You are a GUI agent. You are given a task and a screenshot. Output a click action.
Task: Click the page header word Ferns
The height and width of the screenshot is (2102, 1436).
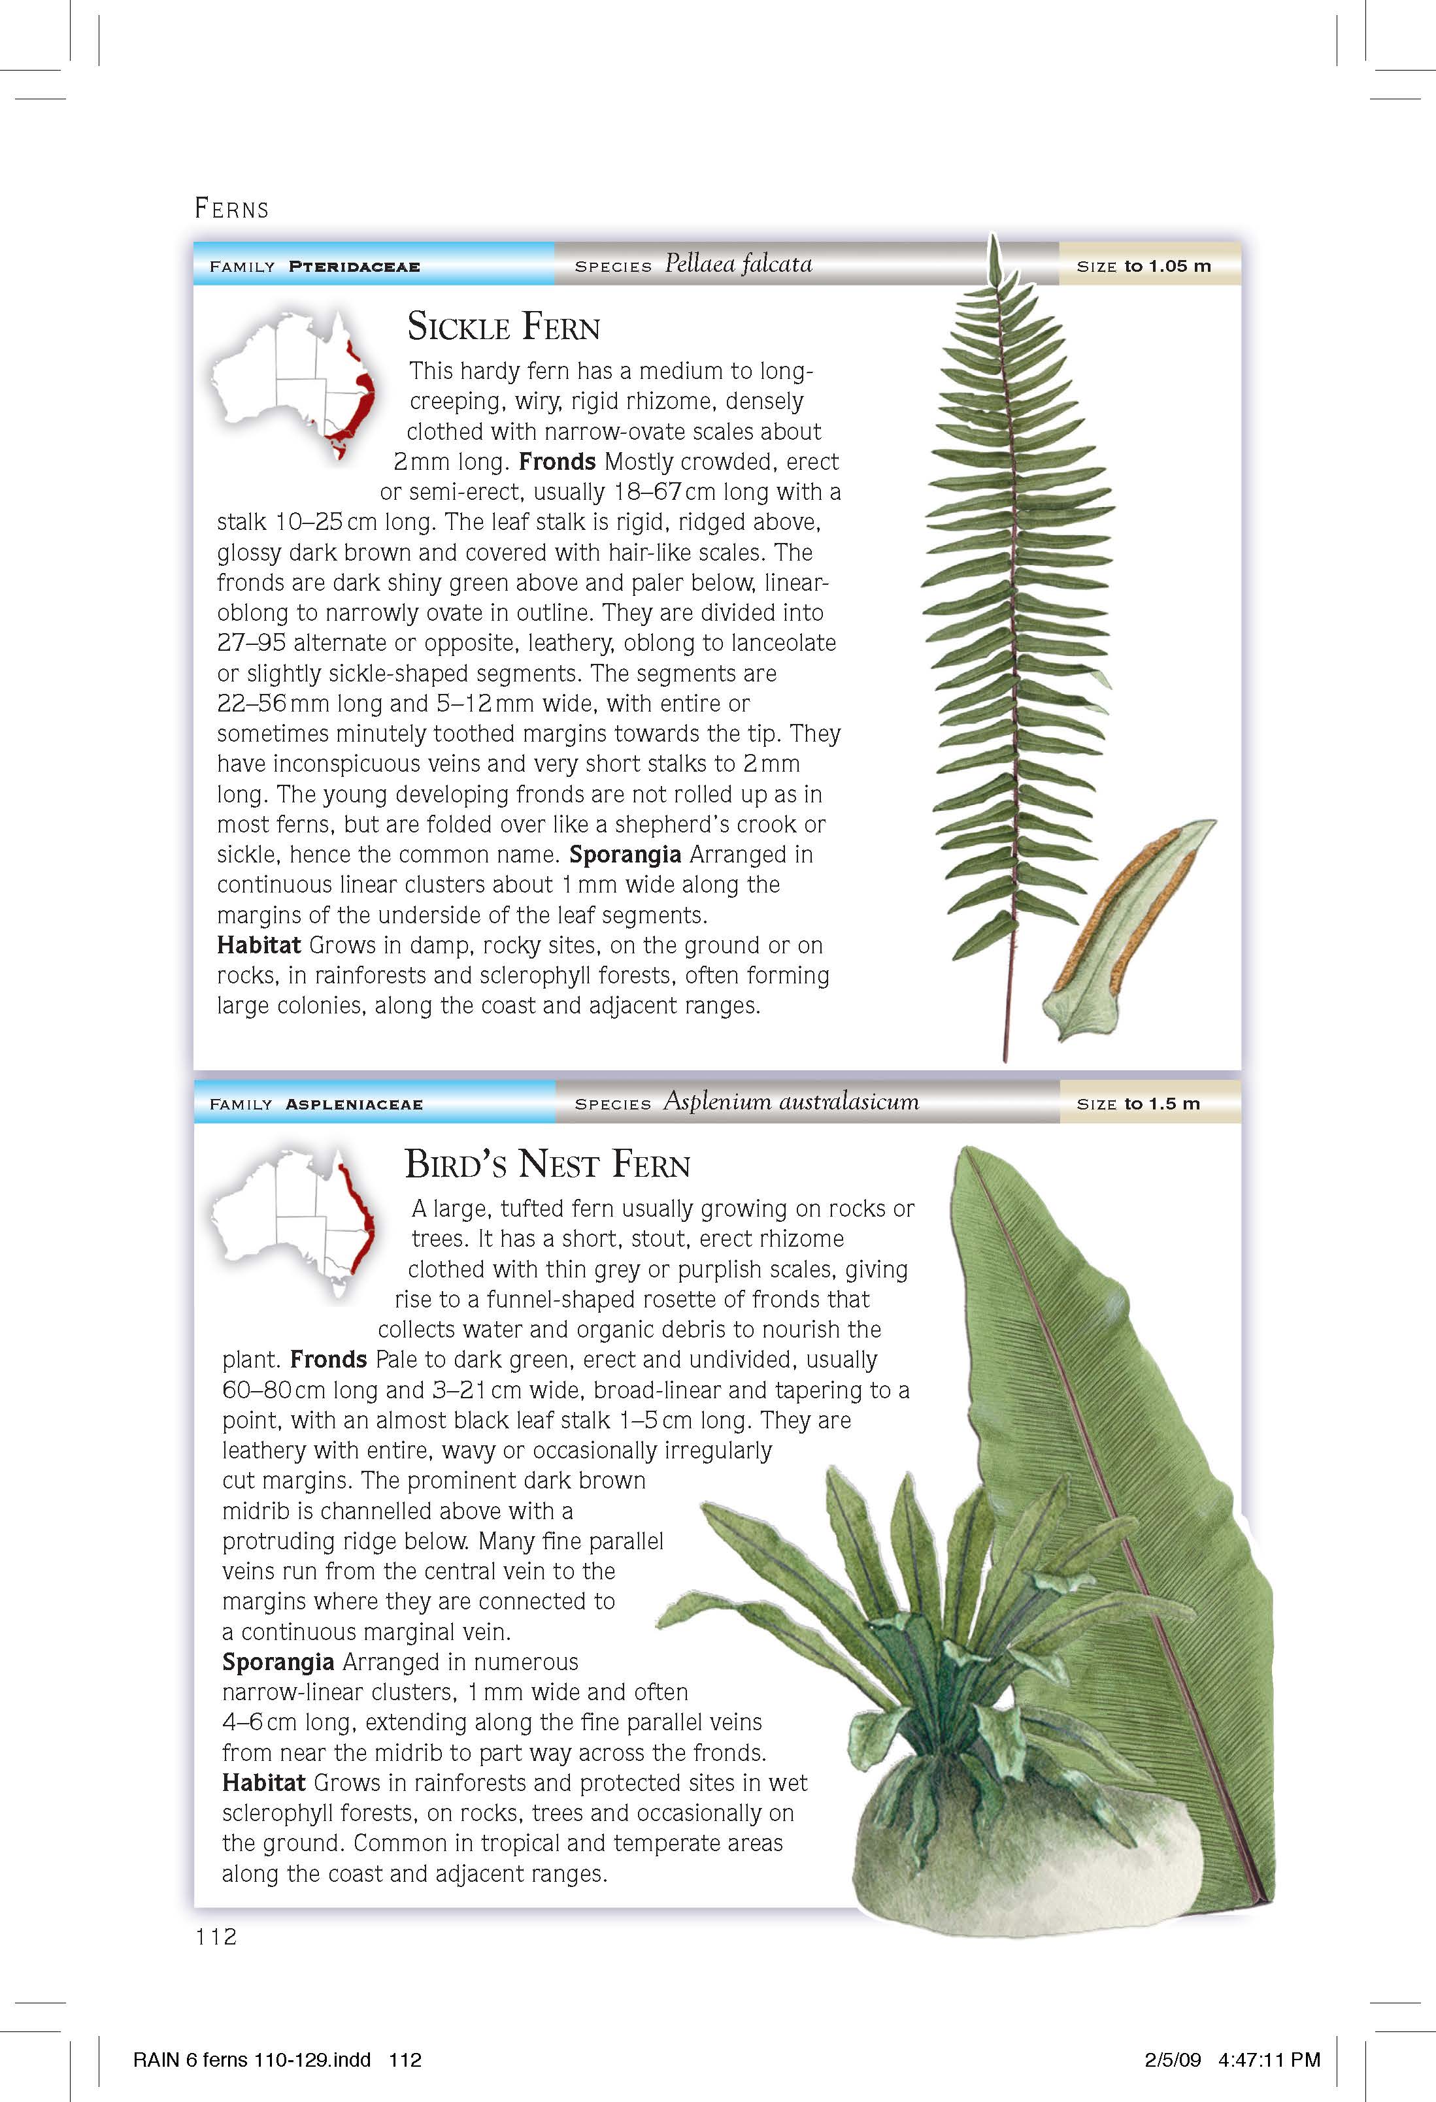[231, 209]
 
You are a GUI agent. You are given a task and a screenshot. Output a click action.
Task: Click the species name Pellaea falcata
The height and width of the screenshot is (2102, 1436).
[739, 264]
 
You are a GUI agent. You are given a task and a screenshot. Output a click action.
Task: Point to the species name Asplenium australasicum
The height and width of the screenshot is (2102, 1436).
[791, 1102]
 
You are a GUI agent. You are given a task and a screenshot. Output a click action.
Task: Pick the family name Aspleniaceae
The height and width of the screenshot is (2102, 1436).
[354, 1104]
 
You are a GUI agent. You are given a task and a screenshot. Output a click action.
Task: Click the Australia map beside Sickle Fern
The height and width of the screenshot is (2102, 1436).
[290, 384]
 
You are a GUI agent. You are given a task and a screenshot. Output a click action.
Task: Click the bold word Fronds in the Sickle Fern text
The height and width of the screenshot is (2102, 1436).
[556, 462]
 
